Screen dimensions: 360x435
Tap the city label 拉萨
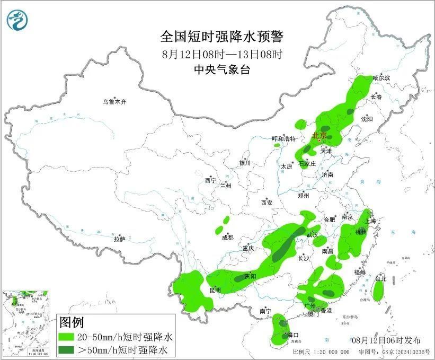tap(119, 239)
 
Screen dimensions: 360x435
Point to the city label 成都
tap(228, 238)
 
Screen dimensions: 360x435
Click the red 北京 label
tap(320, 136)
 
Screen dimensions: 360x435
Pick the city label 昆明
tap(215, 290)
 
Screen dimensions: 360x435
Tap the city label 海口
tap(293, 335)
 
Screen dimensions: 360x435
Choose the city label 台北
tap(381, 279)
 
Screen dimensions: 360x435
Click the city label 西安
tap(267, 203)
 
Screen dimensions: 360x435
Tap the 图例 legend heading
tap(71, 322)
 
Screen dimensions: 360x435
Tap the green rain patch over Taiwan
tap(378, 291)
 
